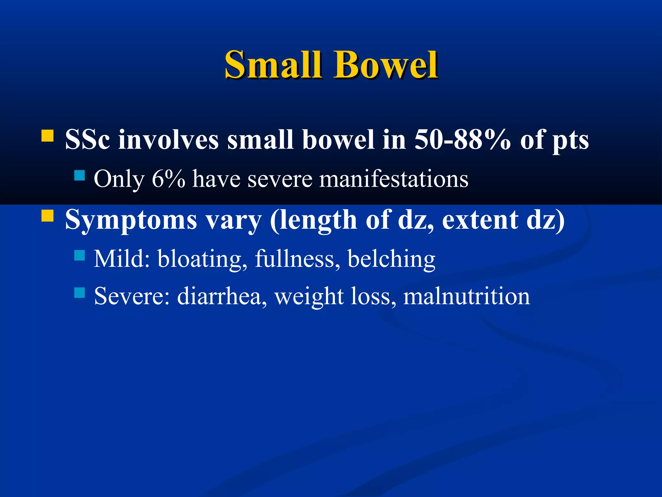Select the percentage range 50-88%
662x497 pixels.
tap(463, 140)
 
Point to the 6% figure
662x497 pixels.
tap(168, 179)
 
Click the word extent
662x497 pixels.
tap(480, 220)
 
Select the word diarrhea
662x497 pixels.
tap(222, 296)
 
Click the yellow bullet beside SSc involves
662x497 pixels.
tap(48, 136)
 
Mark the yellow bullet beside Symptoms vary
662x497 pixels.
tap(48, 215)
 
